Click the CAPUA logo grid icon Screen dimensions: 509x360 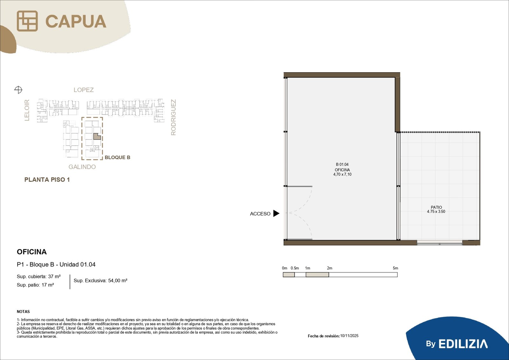coord(27,21)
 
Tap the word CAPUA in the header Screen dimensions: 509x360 coord(76,21)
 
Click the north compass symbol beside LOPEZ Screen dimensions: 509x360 coord(18,89)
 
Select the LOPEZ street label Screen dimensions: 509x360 coord(84,90)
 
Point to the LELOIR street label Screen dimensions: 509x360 coord(27,110)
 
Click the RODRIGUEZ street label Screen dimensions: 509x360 coord(173,117)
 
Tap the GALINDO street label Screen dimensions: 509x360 coord(82,167)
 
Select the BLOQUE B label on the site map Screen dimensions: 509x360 coord(117,157)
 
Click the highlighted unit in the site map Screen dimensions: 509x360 coord(97,137)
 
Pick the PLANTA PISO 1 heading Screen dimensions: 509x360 coord(47,180)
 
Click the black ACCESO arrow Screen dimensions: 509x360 coord(276,213)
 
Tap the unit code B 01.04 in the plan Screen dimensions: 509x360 coord(342,165)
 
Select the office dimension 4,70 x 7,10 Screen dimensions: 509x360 coord(342,174)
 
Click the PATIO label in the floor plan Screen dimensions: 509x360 coord(436,208)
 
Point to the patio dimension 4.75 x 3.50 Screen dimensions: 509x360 coord(436,211)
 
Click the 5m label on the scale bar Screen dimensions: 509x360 coord(395,268)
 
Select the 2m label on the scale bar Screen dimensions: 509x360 coord(330,268)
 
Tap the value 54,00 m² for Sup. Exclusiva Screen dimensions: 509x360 coord(118,281)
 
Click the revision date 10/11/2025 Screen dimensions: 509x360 coord(349,336)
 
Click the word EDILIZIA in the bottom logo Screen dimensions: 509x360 coord(463,344)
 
